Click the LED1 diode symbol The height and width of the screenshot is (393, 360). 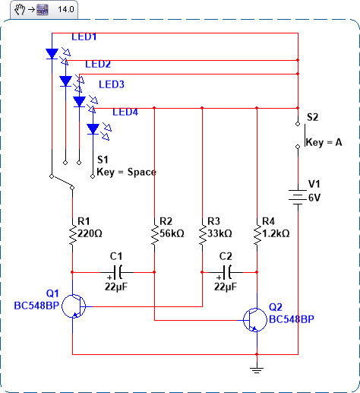tap(52, 54)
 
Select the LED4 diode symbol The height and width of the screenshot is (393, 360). tap(93, 129)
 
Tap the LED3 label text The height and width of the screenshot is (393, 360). tap(112, 84)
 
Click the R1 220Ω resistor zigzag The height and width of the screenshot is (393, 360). tap(73, 233)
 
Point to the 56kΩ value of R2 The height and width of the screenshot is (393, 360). tap(172, 233)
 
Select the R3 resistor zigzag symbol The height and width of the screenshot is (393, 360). tap(202, 233)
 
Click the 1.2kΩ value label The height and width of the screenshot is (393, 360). tap(276, 233)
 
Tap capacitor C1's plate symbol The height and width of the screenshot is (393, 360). tap(118, 272)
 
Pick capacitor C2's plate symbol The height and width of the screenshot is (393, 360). tap(227, 272)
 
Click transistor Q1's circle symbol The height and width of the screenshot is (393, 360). tap(74, 306)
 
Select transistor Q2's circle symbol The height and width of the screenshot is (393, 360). tap(254, 320)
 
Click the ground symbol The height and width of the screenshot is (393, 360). tap(257, 370)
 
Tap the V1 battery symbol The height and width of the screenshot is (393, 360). tap(298, 197)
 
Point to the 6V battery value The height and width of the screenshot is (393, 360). tap(314, 198)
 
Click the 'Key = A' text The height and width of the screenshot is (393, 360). tap(324, 142)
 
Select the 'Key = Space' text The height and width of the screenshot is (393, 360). tap(126, 172)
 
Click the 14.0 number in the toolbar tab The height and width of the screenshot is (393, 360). tap(66, 9)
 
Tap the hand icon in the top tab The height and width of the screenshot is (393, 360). tap(20, 10)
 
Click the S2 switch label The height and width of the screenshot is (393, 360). tap(312, 117)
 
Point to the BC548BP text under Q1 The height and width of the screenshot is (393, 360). tap(36, 306)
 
